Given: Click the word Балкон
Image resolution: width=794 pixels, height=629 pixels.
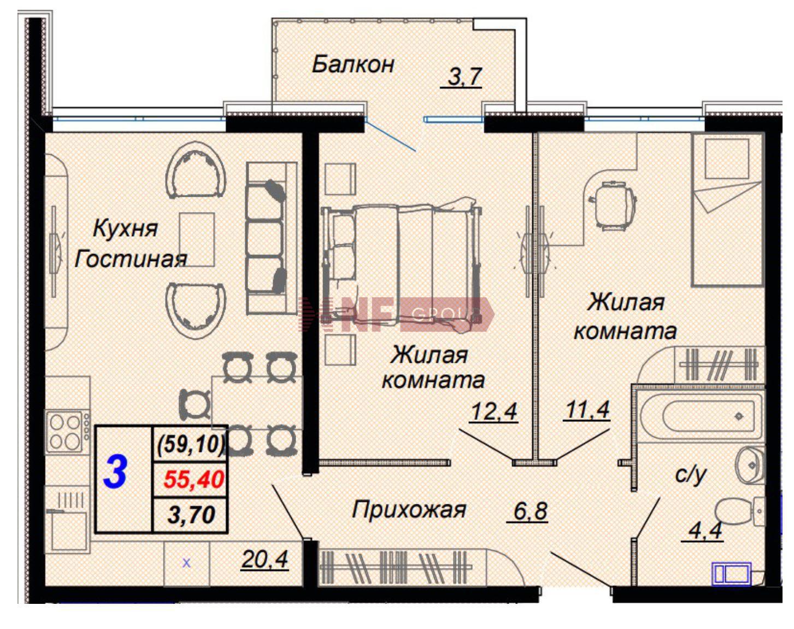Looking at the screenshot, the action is (x=352, y=64).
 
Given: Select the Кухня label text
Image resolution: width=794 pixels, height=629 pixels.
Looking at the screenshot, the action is (x=126, y=229).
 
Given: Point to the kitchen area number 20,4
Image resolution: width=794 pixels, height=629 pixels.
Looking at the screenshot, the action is (x=264, y=560).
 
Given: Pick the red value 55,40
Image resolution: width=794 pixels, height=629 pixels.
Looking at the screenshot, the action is (x=194, y=480).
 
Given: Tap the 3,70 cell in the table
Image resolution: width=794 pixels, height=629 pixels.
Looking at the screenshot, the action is (x=191, y=515).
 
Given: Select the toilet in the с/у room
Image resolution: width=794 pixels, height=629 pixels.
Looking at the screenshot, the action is (x=738, y=512).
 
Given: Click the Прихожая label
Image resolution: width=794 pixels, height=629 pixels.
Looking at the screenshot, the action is (x=409, y=510).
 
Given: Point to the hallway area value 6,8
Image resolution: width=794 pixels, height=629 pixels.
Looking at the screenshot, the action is (x=531, y=512).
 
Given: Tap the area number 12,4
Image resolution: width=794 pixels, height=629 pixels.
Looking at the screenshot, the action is (x=494, y=412).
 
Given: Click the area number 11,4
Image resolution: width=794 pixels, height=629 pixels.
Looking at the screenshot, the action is (x=587, y=410).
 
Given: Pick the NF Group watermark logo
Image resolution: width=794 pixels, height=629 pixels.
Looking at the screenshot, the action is (x=397, y=314).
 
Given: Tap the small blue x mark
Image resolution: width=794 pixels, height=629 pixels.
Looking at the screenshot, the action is (x=187, y=563).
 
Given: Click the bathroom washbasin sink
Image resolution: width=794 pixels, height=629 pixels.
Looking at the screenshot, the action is (x=750, y=465).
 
